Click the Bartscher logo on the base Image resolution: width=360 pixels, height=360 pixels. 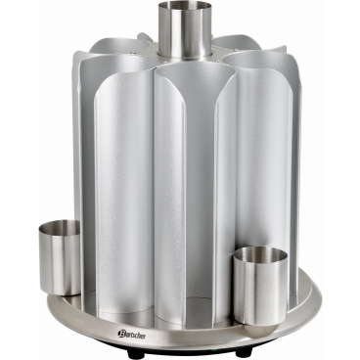[x=132, y=335]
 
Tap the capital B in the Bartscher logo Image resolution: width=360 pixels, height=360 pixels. [x=120, y=334]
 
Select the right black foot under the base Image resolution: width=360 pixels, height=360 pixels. [x=244, y=352]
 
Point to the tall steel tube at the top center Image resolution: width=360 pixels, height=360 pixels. [x=185, y=31]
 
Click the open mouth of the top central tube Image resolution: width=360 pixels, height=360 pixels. [x=185, y=7]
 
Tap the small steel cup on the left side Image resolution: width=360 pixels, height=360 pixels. [x=60, y=257]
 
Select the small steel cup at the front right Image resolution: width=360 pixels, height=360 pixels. [x=260, y=282]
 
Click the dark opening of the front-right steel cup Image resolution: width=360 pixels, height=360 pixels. [x=260, y=254]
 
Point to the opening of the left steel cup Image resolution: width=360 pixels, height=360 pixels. [x=60, y=227]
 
